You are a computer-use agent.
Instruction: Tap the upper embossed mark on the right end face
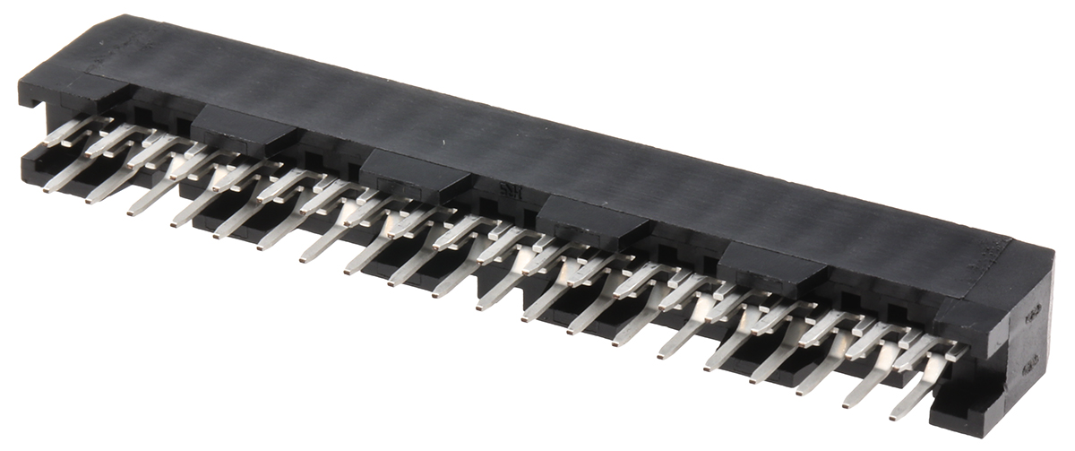click(x=1030, y=308)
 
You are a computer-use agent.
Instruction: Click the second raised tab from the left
click(x=417, y=171)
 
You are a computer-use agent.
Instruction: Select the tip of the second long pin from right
click(x=847, y=403)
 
